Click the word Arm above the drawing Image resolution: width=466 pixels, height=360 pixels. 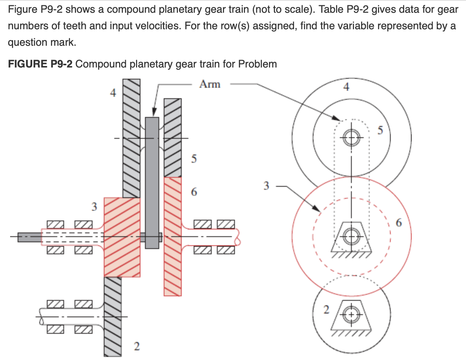coord(210,84)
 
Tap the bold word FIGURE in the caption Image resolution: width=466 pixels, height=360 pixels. coord(27,64)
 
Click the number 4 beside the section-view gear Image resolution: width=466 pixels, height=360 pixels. coord(113,93)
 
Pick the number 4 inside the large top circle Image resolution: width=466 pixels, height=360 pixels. coord(346,87)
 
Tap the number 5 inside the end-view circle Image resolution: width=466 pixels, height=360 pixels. coord(380,130)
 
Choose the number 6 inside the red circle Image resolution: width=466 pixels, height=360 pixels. coord(399,223)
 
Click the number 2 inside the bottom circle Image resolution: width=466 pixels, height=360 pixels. coord(326,310)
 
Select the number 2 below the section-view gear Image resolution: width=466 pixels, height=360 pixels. coord(137,346)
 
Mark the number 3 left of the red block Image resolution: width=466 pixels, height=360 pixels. coord(94,206)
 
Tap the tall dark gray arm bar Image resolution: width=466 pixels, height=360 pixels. coord(152,180)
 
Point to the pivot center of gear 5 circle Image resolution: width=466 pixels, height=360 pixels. coord(351,137)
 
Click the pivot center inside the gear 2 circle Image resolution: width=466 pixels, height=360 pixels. coord(351,315)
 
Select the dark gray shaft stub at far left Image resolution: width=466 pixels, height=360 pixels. coord(30,237)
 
